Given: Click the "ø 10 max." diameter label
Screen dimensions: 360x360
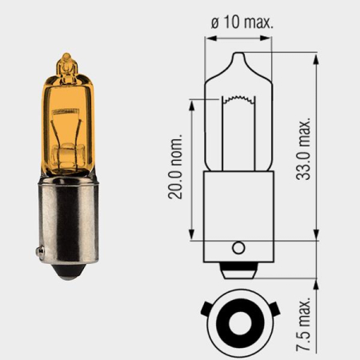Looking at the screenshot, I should pyautogui.click(x=242, y=22).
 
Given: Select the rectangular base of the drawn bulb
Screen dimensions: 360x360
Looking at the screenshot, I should pyautogui.click(x=238, y=212).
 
